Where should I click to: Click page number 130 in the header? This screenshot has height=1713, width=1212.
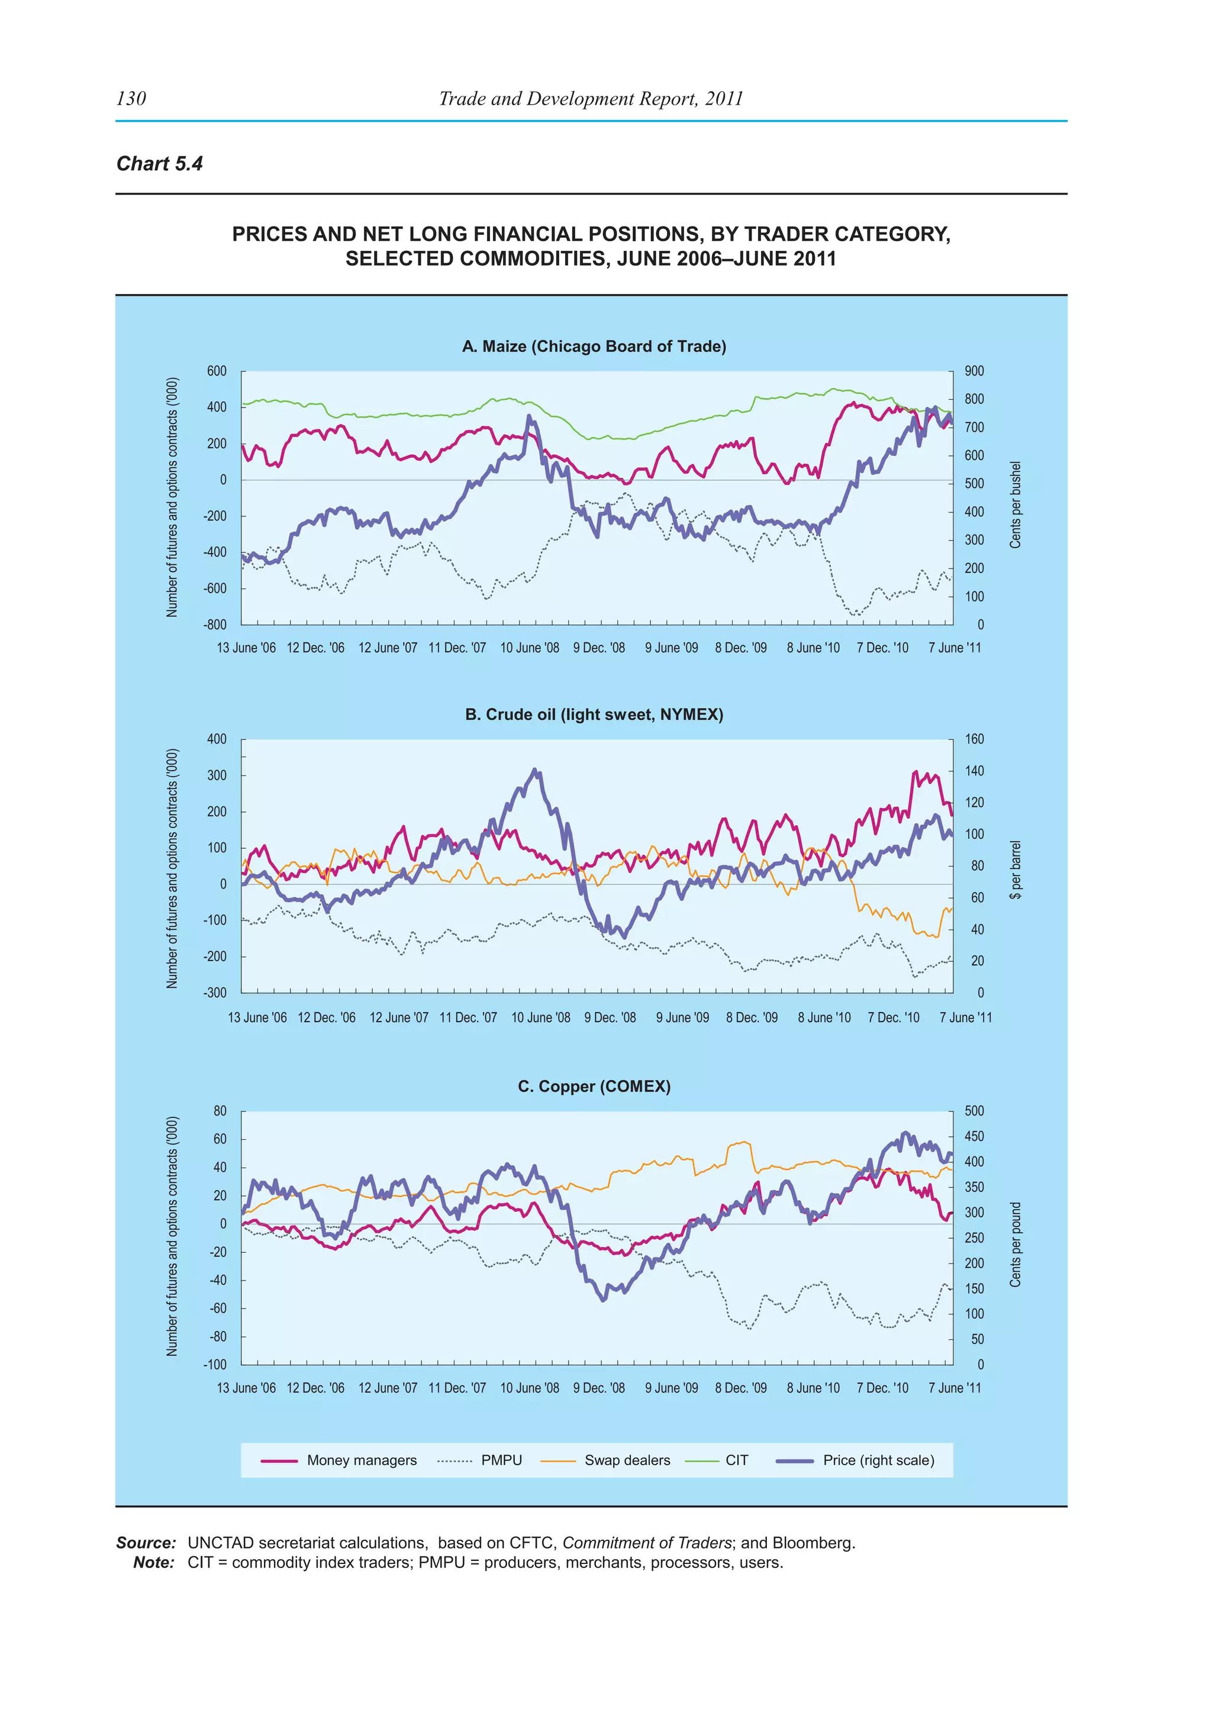(x=131, y=98)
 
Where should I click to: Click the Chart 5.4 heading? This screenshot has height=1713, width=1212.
(x=160, y=164)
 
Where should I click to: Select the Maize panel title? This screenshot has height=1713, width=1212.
(x=594, y=346)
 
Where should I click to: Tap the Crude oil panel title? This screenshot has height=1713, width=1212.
(x=594, y=715)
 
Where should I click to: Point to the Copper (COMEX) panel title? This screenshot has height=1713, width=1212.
(x=594, y=1086)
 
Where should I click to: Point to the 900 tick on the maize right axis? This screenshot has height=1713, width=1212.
(x=974, y=371)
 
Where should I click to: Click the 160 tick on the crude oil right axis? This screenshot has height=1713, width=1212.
(x=974, y=739)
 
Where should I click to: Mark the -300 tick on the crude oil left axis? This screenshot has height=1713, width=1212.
(x=215, y=993)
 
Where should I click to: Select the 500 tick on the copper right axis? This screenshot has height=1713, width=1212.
(x=974, y=1111)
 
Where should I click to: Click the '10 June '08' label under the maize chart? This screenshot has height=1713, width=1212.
(x=529, y=648)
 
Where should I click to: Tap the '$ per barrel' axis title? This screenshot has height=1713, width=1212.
(x=1015, y=870)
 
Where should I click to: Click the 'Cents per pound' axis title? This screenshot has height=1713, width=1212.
(x=1015, y=1244)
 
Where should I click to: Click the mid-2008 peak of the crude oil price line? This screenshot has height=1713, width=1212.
(x=534, y=770)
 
